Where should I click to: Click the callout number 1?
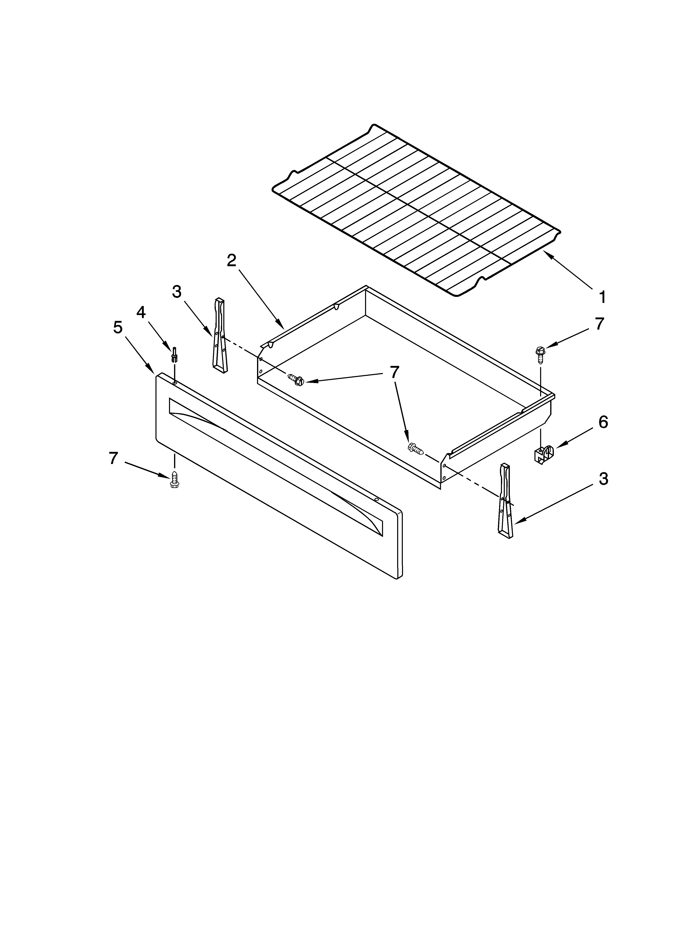pos(602,297)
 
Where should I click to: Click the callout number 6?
pos(603,422)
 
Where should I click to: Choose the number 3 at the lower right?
pos(603,479)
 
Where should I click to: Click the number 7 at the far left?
pos(114,458)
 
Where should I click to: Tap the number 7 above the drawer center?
pos(394,372)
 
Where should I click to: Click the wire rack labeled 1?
pos(416,210)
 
